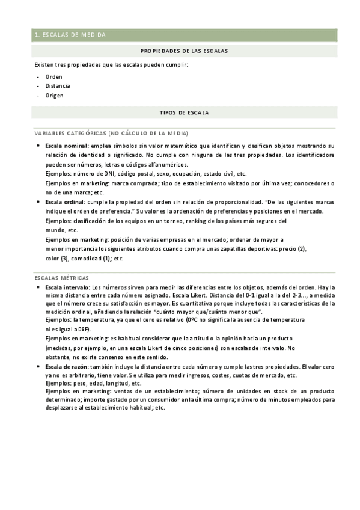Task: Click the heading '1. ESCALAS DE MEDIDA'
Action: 70,35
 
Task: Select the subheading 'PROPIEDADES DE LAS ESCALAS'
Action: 184,51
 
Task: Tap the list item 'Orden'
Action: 53,77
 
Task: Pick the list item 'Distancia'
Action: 57,86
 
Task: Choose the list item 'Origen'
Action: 54,95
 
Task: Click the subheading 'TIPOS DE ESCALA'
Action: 184,112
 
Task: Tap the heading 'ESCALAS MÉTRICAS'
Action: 62,278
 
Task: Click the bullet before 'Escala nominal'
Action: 38,146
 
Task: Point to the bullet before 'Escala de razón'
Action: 38,366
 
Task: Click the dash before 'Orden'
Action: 38,77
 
